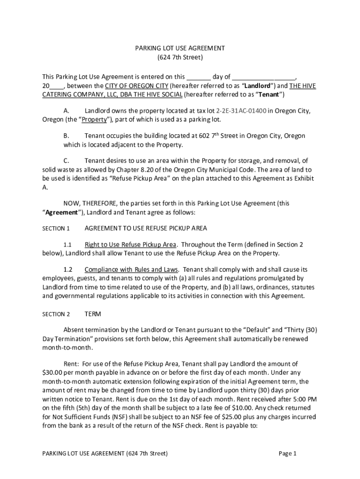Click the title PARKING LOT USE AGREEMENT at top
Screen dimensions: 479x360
pos(180,48)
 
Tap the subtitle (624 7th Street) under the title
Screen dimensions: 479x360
pos(180,58)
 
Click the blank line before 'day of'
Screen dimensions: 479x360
pos(199,77)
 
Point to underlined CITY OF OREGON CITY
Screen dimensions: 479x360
pos(136,86)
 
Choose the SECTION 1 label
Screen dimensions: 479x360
pos(56,229)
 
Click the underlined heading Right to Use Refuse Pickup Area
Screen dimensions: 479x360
pos(130,245)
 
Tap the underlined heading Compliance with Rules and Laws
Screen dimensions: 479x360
pos(131,270)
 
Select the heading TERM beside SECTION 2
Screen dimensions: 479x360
pos(93,314)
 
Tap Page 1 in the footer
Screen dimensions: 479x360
pos(288,453)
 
